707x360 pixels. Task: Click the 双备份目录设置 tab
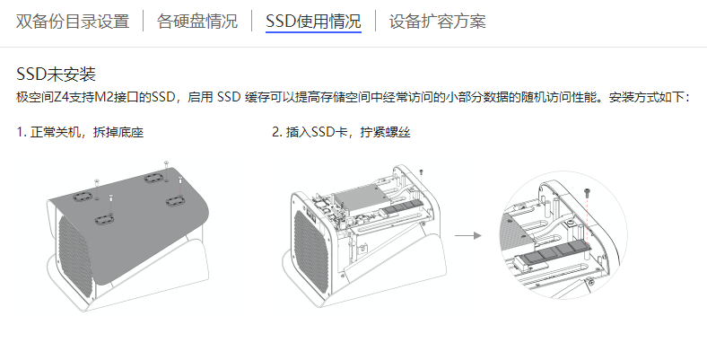[73, 22]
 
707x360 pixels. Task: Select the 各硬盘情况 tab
[197, 22]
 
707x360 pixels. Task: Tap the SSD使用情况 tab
[313, 22]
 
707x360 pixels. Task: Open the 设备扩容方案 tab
[437, 22]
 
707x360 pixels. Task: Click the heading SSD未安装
[56, 74]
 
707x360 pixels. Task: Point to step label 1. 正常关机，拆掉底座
[80, 132]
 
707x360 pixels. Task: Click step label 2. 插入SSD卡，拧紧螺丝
[341, 132]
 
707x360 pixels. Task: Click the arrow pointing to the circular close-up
[468, 235]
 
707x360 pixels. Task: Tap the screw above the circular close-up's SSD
[587, 193]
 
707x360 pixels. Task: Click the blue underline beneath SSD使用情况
[313, 32]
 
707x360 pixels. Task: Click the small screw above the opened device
[421, 172]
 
